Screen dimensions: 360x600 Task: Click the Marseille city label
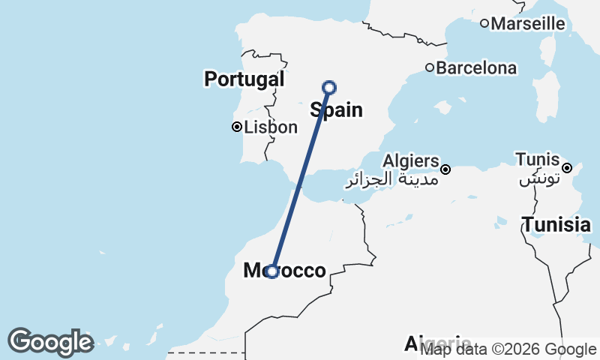[x=528, y=23]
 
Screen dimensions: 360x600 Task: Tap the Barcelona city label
[x=476, y=68]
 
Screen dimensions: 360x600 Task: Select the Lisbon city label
[x=270, y=127]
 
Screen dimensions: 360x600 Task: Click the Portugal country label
[x=244, y=79]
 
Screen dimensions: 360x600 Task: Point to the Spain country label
[x=337, y=111]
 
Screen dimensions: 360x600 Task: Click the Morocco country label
[x=285, y=271]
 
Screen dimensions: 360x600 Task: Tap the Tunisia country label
[x=556, y=224]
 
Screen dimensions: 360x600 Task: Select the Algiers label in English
[x=410, y=160]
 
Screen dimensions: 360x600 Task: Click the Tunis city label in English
[x=537, y=159]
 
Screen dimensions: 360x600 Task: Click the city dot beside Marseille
[x=484, y=23]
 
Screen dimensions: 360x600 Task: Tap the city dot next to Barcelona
[x=430, y=67]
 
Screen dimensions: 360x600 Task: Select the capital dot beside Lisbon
[x=236, y=127]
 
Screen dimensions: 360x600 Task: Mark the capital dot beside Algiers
[x=445, y=169]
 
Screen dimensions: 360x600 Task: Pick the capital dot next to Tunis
[x=568, y=167]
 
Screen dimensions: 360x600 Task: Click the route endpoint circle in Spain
[x=328, y=88]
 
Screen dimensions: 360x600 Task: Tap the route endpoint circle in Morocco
[x=273, y=271]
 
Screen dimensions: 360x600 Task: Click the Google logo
[x=50, y=342]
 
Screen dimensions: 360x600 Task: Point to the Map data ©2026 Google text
[x=508, y=349]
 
